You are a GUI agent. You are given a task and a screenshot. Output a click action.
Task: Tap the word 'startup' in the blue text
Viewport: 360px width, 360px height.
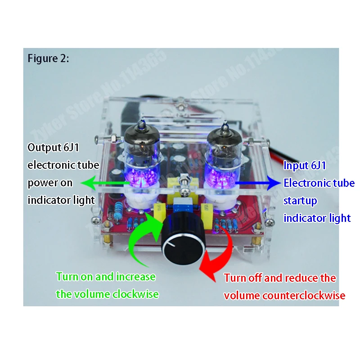300,201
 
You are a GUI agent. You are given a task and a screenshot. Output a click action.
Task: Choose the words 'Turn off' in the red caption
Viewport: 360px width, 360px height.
243,278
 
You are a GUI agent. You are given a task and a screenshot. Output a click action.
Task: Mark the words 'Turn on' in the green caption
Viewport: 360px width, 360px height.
72,277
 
